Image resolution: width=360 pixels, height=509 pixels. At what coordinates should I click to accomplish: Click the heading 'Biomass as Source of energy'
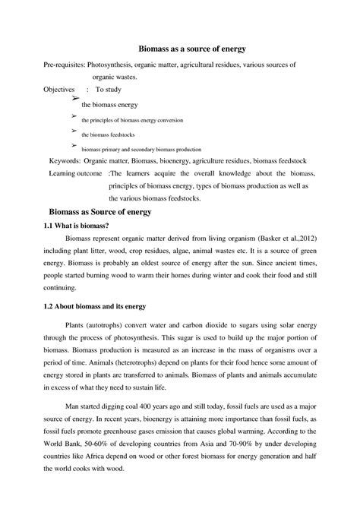tap(100, 212)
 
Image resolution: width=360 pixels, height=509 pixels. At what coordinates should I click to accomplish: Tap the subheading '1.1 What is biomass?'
tap(74, 226)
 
